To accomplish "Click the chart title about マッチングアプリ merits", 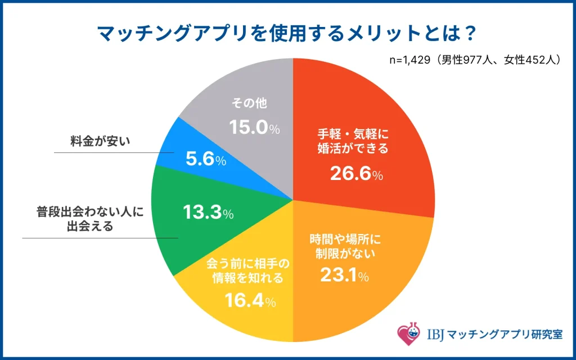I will coord(287,34).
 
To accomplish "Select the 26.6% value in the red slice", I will coord(356,174).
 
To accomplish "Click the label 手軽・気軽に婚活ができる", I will coord(350,142).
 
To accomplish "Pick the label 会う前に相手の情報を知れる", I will coord(248,271).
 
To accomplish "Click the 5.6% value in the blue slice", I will coord(206,160).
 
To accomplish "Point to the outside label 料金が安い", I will coord(100,141).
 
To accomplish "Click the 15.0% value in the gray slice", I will coord(254,128).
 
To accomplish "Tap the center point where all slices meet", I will coord(293,200).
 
